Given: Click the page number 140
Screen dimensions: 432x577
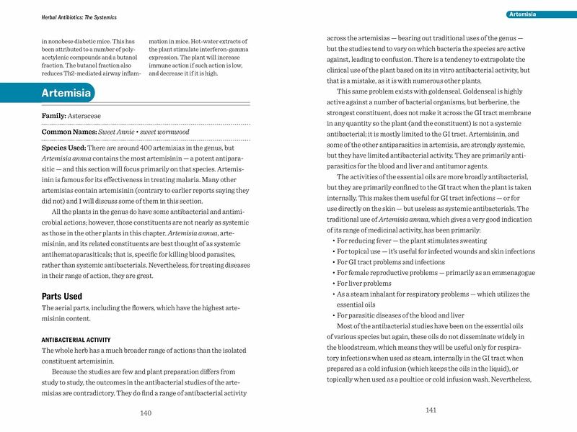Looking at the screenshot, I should click(x=146, y=413).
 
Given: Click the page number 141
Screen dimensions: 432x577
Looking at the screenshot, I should click(x=431, y=410).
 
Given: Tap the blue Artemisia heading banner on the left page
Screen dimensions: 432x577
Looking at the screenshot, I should click(x=66, y=94).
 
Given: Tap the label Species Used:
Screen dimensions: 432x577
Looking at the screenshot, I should click(x=69, y=148).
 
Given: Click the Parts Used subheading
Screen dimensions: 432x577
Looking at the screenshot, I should click(x=63, y=296).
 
